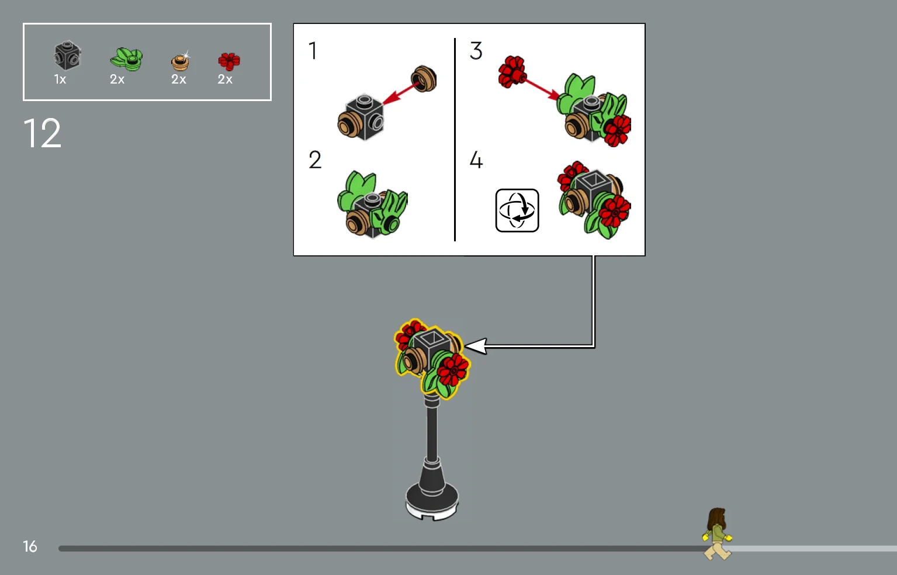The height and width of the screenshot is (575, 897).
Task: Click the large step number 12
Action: pyautogui.click(x=42, y=133)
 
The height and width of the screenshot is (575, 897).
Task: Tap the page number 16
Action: pyautogui.click(x=30, y=546)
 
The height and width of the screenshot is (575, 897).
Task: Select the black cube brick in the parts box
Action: pyautogui.click(x=68, y=56)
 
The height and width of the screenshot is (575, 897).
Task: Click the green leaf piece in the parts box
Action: pyautogui.click(x=126, y=59)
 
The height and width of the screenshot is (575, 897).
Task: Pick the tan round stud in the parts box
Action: pyautogui.click(x=180, y=62)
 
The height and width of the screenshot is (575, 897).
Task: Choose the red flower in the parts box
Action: pyautogui.click(x=229, y=61)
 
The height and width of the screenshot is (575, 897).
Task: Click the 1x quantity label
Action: pyautogui.click(x=60, y=79)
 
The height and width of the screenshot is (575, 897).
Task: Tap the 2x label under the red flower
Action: pyautogui.click(x=224, y=79)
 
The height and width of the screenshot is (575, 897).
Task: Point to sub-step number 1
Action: pyautogui.click(x=313, y=51)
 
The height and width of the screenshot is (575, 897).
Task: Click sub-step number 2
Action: pyautogui.click(x=315, y=160)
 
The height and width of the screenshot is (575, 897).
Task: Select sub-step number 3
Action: pyautogui.click(x=476, y=51)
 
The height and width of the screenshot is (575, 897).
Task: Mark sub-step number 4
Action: pyautogui.click(x=476, y=160)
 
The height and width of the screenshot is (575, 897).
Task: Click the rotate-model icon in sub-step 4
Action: pyautogui.click(x=517, y=210)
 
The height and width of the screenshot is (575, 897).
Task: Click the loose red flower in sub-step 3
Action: pyautogui.click(x=512, y=71)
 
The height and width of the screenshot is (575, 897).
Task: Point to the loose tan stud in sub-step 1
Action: pyautogui.click(x=424, y=78)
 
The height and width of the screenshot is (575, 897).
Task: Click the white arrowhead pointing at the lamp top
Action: pyautogui.click(x=476, y=347)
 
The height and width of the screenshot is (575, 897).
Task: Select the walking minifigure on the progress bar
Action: pyautogui.click(x=717, y=534)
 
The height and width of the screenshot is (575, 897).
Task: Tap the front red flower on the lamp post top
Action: pyautogui.click(x=452, y=369)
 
